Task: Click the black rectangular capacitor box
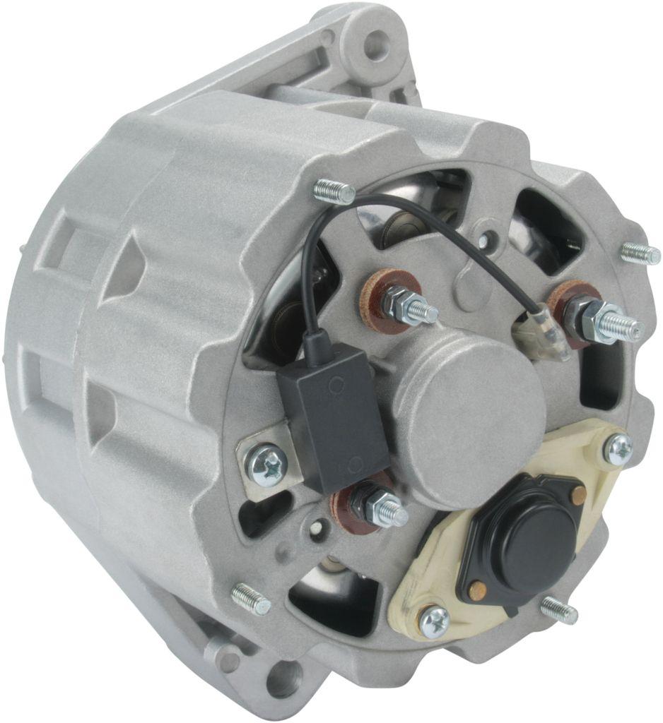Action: tap(332, 417)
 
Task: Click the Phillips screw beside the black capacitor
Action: tap(269, 464)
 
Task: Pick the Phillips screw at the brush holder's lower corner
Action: tap(434, 621)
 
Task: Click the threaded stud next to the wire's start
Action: tap(334, 191)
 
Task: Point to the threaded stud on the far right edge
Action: tap(640, 253)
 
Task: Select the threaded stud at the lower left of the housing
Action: tap(252, 598)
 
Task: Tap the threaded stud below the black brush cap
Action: tap(559, 609)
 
